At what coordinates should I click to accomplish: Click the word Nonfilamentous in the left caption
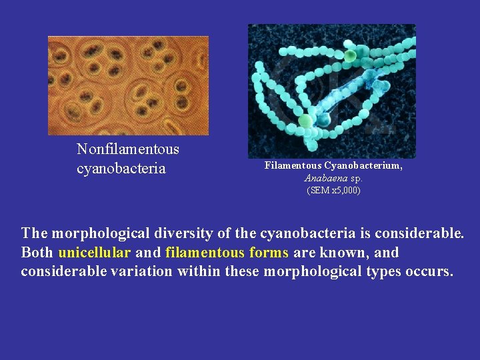pyautogui.click(x=128, y=149)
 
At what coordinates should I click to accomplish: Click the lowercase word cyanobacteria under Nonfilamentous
pyautogui.click(x=121, y=168)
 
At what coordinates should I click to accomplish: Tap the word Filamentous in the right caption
pyautogui.click(x=293, y=165)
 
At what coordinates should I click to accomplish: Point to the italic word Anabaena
pyautogui.click(x=325, y=178)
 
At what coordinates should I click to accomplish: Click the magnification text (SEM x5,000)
pyautogui.click(x=333, y=191)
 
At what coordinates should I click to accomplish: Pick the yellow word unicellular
pyautogui.click(x=94, y=253)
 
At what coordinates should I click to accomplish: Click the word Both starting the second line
pyautogui.click(x=37, y=253)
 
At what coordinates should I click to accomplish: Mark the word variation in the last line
pyautogui.click(x=142, y=272)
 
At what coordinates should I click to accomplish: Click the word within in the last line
pyautogui.click(x=198, y=272)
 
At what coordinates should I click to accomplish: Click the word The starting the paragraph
pyautogui.click(x=34, y=233)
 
